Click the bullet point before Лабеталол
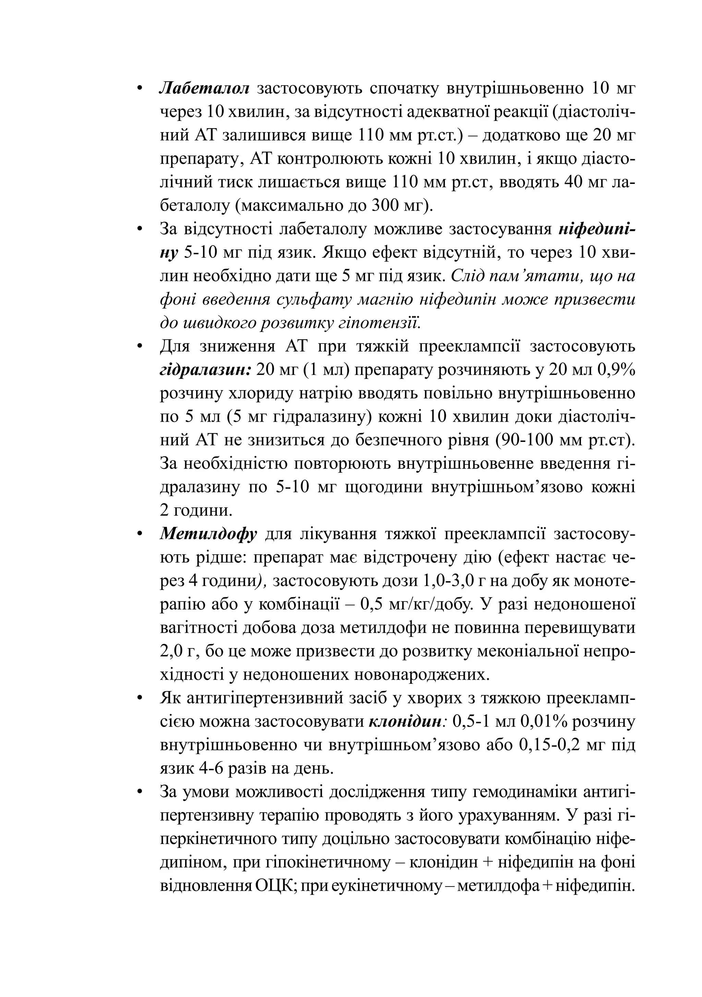tap(140, 89)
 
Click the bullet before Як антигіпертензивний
tap(140, 699)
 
